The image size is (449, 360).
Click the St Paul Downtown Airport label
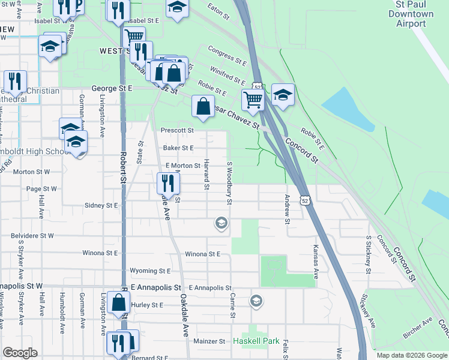click(x=411, y=14)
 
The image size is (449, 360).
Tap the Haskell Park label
click(x=256, y=341)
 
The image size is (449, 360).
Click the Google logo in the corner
click(x=20, y=353)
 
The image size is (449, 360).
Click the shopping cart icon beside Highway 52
click(x=253, y=100)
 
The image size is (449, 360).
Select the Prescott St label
click(x=177, y=130)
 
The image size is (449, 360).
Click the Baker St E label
click(x=179, y=148)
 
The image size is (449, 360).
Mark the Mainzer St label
click(x=209, y=341)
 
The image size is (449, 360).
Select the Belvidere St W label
click(x=35, y=236)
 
